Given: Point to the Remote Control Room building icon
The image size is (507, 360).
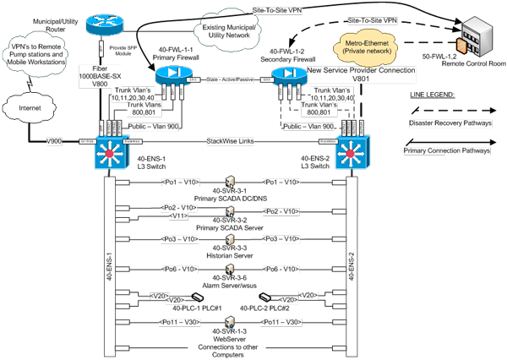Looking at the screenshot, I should coord(470,35).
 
